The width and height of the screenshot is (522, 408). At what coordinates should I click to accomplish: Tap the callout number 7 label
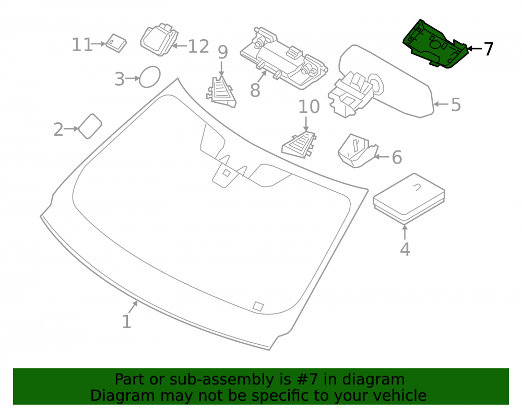488,49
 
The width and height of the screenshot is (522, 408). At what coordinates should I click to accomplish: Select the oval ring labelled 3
149,77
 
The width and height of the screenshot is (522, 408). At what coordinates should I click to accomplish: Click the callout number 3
120,79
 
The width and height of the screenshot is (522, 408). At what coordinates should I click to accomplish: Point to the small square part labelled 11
116,43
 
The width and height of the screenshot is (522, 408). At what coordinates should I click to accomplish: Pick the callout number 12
198,46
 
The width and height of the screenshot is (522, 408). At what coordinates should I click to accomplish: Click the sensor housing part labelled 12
159,39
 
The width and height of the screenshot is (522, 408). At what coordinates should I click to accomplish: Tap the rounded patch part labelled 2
90,126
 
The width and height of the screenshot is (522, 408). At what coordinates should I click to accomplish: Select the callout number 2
58,130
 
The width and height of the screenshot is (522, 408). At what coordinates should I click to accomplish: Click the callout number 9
223,52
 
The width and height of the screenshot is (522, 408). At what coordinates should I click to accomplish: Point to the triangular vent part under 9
221,92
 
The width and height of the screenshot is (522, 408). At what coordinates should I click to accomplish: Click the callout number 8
255,90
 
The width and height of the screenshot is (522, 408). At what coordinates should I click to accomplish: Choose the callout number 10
309,107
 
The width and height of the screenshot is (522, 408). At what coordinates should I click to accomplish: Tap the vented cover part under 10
299,145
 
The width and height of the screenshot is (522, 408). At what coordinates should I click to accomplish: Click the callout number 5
456,104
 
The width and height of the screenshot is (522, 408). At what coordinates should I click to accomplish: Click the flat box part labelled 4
409,199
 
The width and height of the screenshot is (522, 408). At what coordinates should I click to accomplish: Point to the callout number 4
405,250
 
